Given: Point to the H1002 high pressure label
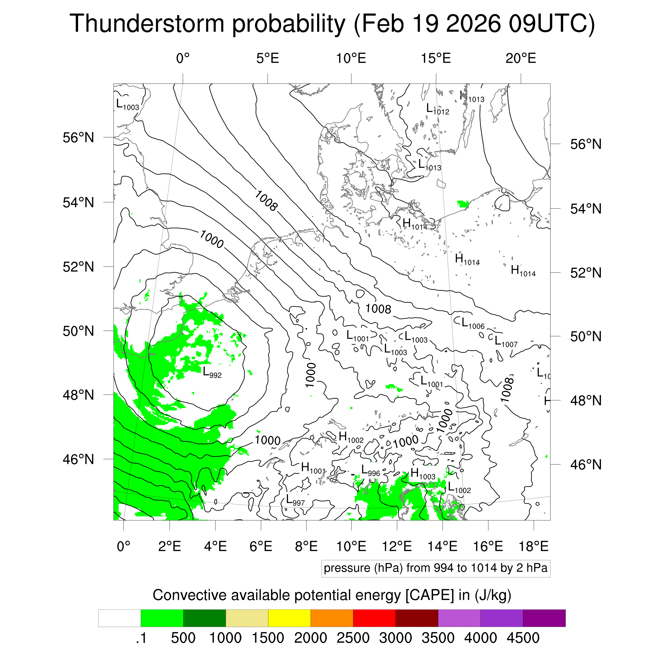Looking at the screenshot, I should tap(351, 437).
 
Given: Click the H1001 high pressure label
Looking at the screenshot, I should tap(313, 468).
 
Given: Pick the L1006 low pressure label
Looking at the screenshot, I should tap(473, 324).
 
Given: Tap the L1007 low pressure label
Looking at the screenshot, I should tap(505, 341).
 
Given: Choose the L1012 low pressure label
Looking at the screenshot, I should tap(437, 109).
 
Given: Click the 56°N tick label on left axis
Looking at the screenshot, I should tap(78, 138).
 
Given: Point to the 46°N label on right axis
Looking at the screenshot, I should tap(586, 465).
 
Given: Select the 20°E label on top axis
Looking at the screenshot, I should tap(520, 58).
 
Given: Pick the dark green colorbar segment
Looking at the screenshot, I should tap(205, 618).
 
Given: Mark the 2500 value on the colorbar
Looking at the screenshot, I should tap(353, 638).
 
